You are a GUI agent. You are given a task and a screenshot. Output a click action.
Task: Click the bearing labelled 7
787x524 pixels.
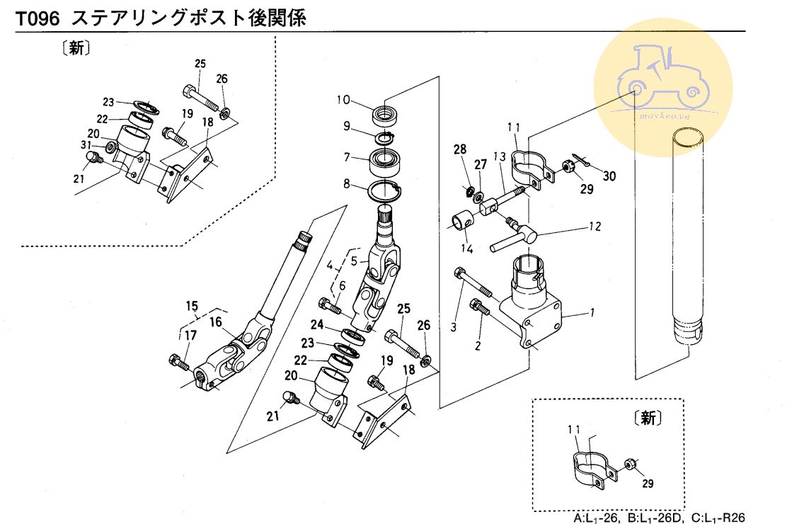[386, 164]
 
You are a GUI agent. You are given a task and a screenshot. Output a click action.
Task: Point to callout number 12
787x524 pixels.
[594, 227]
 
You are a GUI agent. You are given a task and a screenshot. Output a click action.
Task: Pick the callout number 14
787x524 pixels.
[466, 249]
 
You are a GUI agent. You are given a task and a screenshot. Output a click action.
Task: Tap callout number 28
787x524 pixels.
[460, 149]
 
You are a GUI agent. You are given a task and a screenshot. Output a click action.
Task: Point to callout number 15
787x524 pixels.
[192, 306]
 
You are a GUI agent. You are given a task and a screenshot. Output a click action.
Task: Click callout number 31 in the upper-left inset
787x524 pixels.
[86, 145]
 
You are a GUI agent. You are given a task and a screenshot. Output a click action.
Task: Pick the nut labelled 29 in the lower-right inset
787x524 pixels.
[628, 465]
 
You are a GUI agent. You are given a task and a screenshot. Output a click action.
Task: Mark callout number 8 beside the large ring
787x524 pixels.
[347, 183]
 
